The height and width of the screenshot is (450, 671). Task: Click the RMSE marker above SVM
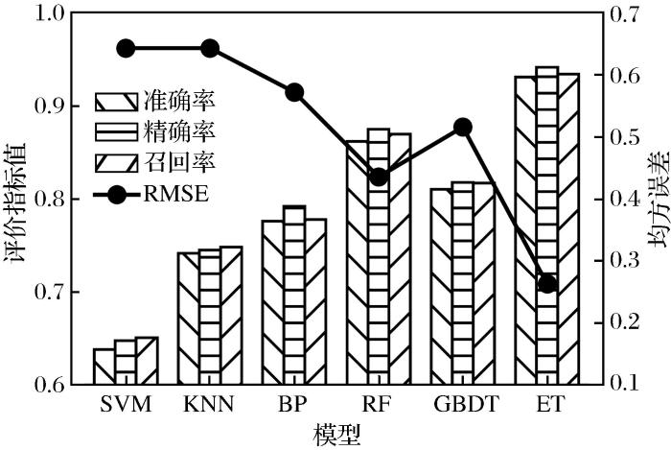(x=127, y=49)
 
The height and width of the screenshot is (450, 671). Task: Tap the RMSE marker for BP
(x=294, y=92)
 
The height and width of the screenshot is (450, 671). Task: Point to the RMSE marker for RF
(x=379, y=177)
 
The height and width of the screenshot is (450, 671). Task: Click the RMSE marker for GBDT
(x=463, y=127)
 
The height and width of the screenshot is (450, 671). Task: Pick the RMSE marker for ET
(x=547, y=284)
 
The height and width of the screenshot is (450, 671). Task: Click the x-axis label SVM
(x=126, y=404)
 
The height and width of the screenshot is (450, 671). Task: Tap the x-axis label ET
(x=547, y=404)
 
